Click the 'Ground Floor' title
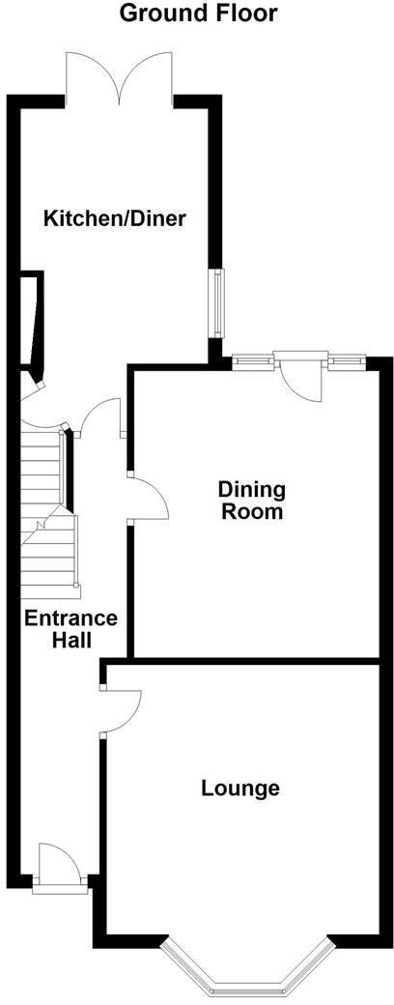pos(197,14)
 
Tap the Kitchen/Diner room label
pos(114,218)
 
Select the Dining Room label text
pos(251,501)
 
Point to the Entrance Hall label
pos(70,629)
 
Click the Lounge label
pos(240,789)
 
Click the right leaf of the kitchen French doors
pos(146,77)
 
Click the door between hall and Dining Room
pos(148,499)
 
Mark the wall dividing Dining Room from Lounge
pos(241,661)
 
